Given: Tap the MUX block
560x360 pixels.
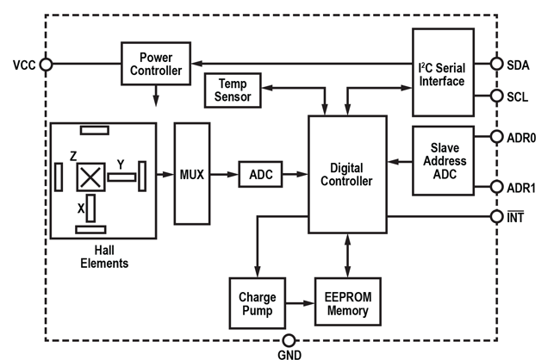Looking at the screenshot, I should [x=192, y=174].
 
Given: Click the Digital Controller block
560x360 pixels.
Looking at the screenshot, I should [x=346, y=174].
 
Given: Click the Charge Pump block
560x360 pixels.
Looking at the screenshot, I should [x=256, y=303].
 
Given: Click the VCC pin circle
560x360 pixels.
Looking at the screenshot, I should [x=47, y=64].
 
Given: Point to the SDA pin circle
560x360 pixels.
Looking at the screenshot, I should [x=496, y=64].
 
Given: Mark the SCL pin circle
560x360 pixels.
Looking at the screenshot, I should [x=496, y=96].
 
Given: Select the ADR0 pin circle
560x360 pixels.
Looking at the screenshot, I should [x=496, y=136].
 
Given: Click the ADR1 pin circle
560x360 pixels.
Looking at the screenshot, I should [x=496, y=187].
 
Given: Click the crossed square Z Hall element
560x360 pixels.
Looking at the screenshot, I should [x=90, y=177].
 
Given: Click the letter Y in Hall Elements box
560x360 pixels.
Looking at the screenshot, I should [x=120, y=164].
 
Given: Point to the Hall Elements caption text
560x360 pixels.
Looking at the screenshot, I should [x=103, y=257].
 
